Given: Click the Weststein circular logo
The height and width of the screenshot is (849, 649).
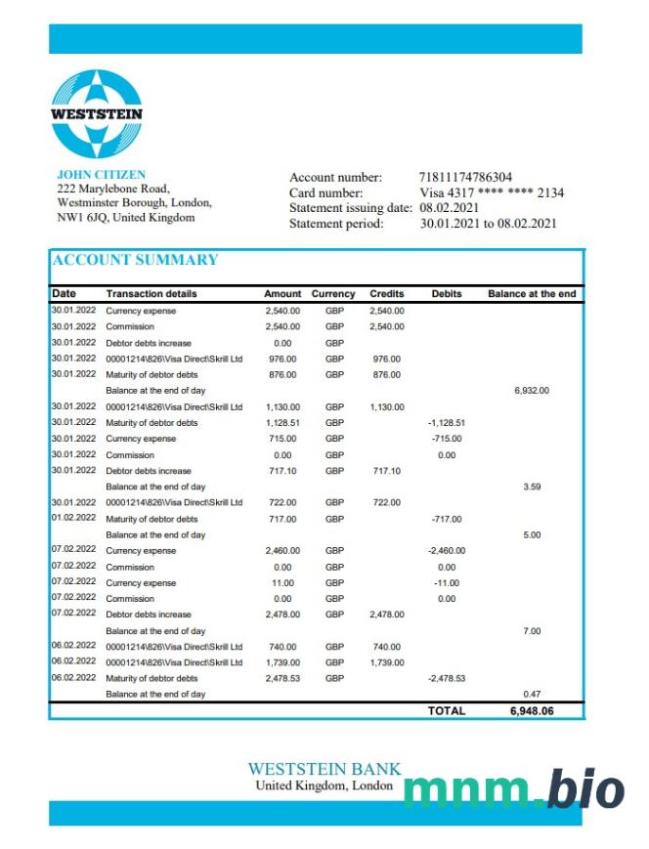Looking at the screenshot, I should pos(97,114).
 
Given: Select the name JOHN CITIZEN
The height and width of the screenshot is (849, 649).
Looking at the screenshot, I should pos(101,175).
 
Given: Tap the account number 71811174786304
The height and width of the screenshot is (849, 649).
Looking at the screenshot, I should pos(465,177).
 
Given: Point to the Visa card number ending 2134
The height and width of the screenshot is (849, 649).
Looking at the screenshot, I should pos(492,192).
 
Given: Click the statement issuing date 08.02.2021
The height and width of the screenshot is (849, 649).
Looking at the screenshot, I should pos(449,208).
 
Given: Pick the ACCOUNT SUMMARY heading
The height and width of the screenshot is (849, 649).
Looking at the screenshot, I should pos(135,260).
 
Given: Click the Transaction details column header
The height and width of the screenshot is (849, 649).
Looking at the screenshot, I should pos(151,293).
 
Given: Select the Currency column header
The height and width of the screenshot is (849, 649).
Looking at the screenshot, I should pos(333,293).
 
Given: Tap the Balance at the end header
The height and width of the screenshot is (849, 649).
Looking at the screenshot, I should pos(532,293).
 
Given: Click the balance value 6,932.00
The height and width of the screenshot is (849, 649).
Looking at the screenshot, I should pos(532,390).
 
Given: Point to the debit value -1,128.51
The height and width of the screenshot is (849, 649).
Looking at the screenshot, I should pos(446,422).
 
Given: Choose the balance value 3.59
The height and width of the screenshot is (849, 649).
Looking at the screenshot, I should pos(532,486).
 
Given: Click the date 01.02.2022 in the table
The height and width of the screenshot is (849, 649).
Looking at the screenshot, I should pos(73,518).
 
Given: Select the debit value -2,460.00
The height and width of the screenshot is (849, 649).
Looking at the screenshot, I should pos(446,550).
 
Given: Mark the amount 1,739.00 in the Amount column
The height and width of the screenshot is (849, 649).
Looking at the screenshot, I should pos(282,662).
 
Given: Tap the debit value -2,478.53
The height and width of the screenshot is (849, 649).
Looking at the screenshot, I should pos(446,678).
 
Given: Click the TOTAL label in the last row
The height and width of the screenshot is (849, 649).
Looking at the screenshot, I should pos(447,710).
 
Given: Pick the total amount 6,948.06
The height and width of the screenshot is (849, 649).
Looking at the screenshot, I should pos(532,710).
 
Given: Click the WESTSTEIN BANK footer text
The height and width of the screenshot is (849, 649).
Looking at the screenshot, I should pos(324,769).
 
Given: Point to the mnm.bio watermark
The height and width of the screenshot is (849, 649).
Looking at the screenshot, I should pos(513,790).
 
